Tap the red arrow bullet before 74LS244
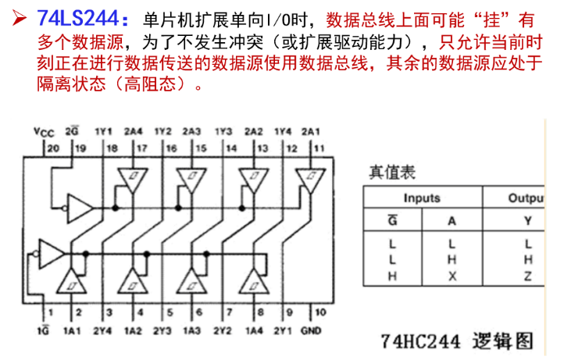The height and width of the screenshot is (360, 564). click(x=19, y=18)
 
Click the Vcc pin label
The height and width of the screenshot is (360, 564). click(x=44, y=132)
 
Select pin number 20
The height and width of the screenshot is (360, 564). click(x=53, y=148)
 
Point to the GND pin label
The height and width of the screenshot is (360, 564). click(x=311, y=330)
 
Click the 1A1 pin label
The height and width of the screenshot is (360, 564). click(x=73, y=330)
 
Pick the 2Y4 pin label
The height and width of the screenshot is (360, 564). click(x=102, y=330)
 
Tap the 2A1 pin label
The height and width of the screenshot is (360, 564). click(x=311, y=132)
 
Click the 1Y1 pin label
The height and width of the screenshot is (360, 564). click(x=104, y=132)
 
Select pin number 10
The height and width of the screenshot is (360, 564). click(x=320, y=312)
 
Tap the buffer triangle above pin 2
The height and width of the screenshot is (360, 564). click(x=72, y=280)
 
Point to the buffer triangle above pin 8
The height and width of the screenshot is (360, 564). click(x=254, y=280)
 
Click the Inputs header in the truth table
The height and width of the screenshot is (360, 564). click(x=422, y=198)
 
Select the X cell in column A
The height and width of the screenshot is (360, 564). click(x=452, y=276)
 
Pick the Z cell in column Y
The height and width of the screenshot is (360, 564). click(x=527, y=276)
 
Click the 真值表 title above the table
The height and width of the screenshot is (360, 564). click(x=392, y=173)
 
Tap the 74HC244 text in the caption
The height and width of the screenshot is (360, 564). click(x=420, y=341)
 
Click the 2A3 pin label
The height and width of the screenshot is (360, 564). click(x=191, y=132)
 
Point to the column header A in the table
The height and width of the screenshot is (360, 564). click(x=452, y=220)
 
